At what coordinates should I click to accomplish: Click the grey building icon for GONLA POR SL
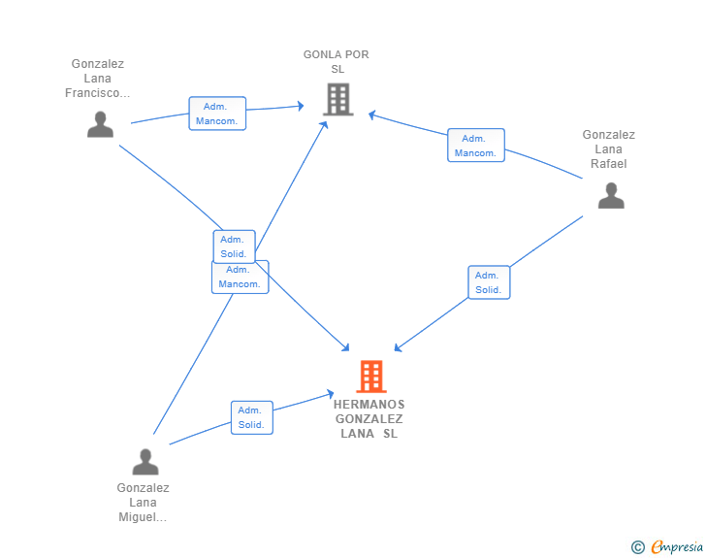337,99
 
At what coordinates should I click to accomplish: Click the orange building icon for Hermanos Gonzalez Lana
370,376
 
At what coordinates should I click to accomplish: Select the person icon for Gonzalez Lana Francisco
100,124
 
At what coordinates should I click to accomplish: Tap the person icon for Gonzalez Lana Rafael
611,195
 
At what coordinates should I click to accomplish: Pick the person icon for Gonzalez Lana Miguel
145,461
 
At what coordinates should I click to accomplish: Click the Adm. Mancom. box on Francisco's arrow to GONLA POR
217,114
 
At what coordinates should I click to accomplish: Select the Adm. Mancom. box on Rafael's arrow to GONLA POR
475,146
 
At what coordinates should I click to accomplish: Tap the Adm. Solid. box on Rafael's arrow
488,282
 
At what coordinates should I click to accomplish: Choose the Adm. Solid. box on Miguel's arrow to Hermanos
251,417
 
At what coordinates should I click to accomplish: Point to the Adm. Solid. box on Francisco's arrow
234,246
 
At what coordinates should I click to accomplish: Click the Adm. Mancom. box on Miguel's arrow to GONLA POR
240,277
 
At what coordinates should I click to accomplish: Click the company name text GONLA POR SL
337,62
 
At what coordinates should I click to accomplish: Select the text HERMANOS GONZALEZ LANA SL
369,419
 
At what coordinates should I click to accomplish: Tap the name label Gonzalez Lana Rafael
608,149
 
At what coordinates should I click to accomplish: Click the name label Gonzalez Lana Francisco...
97,79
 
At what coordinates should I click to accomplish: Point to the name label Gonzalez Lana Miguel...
143,503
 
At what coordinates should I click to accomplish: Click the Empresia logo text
677,547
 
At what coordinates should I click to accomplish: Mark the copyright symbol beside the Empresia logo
637,547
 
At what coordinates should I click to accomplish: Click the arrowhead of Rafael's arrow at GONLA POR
370,115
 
